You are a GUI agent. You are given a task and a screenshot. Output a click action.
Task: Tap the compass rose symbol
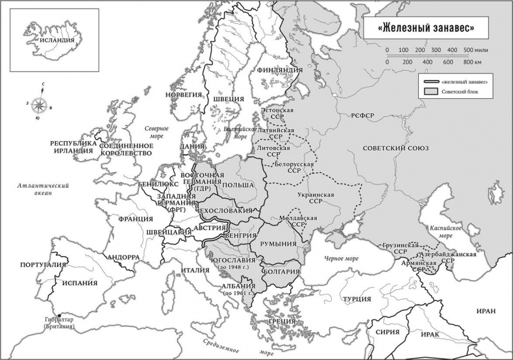40,103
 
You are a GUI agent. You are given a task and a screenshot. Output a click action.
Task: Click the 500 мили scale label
477,50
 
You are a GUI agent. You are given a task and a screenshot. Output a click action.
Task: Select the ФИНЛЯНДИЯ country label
279,70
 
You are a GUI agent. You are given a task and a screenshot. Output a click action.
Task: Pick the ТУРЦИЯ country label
357,299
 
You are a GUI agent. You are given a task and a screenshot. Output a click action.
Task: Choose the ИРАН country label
485,311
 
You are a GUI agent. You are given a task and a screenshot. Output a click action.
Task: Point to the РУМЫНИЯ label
278,244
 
